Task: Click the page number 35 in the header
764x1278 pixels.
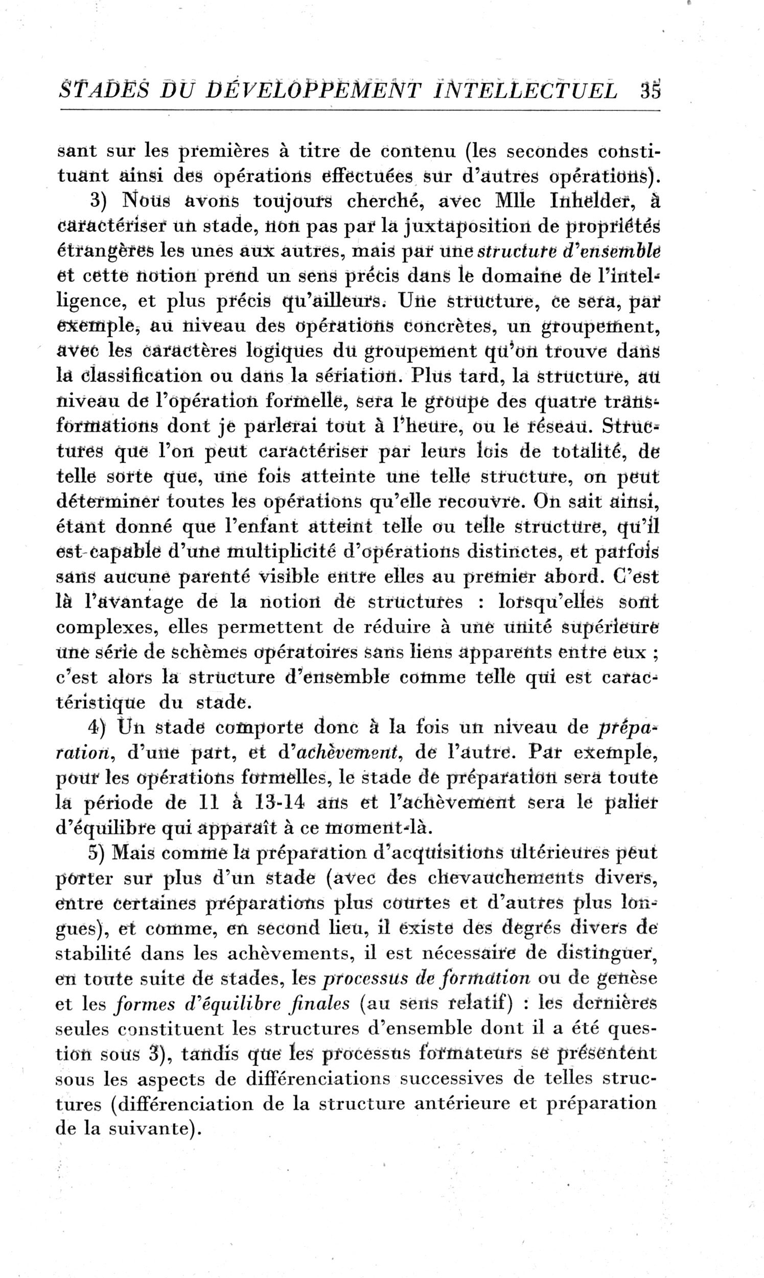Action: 650,90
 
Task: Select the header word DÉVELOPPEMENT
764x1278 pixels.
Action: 313,90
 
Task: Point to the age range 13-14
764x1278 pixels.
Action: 280,803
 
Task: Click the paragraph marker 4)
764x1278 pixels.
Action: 96,727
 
